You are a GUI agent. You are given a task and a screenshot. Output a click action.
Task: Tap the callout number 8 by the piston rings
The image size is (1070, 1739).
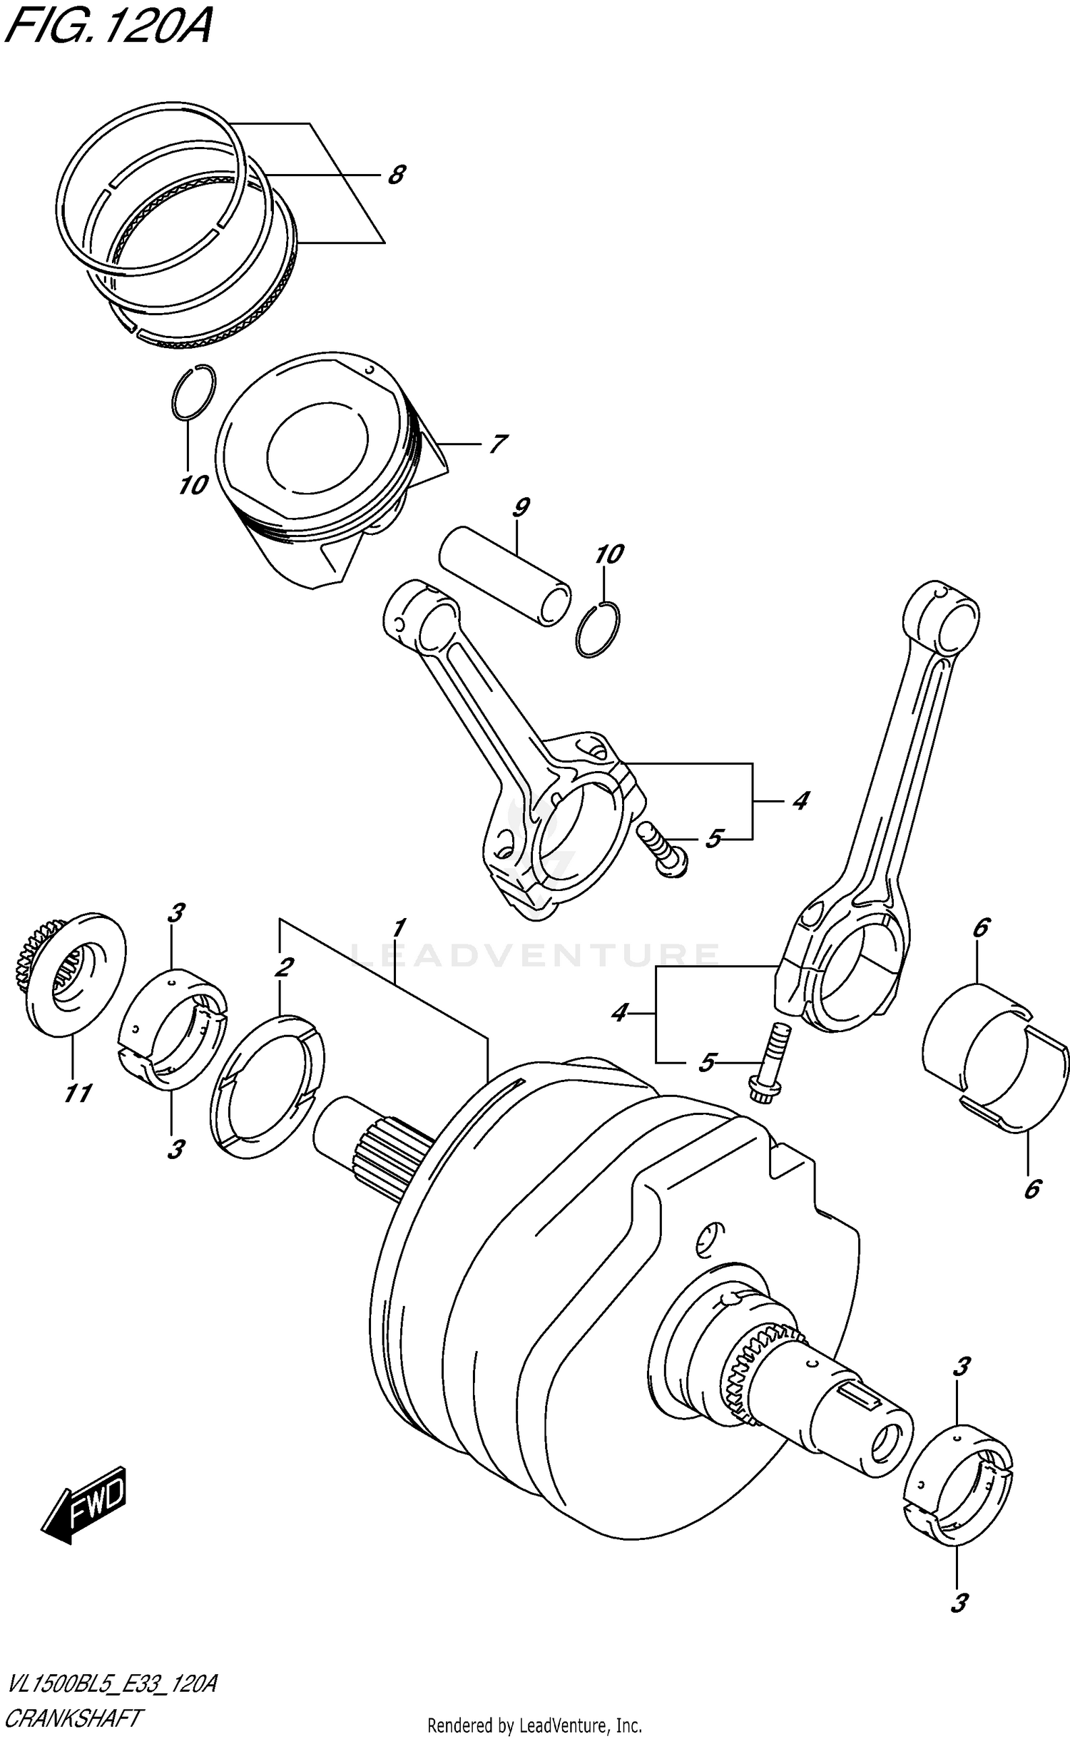coord(397,175)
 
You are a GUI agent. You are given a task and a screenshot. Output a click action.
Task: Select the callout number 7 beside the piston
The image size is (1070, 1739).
coord(497,444)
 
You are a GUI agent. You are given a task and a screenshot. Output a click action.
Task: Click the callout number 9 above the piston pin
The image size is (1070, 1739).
coord(521,509)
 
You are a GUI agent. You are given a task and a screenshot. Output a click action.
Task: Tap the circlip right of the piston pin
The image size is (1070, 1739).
coord(598,628)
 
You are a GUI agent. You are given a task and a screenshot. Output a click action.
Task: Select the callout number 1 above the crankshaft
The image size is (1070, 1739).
coord(399,928)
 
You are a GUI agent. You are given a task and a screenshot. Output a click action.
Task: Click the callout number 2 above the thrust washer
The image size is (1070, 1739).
coord(283,967)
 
